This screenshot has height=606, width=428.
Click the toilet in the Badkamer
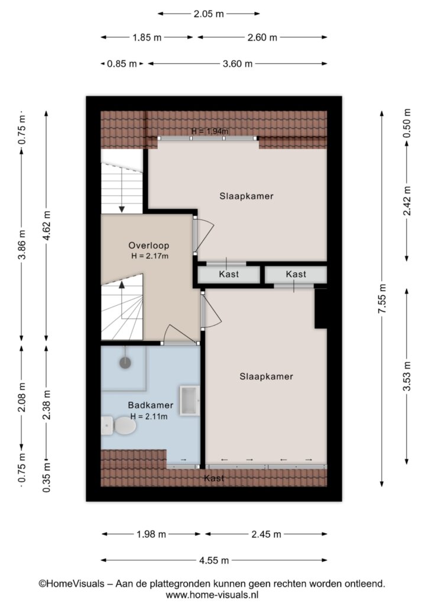(119, 426)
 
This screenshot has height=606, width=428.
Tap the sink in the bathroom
(190, 401)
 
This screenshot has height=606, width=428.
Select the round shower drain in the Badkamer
(125, 363)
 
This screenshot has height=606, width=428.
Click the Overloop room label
(149, 246)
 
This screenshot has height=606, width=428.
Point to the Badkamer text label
(151, 405)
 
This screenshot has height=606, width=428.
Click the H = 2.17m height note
(150, 256)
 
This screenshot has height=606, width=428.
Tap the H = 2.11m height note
(149, 416)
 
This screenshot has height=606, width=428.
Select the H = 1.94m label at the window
(209, 131)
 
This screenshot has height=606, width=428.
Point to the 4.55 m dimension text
(214, 560)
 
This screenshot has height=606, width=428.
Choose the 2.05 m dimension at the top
(209, 14)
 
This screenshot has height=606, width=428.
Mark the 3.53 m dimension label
(407, 376)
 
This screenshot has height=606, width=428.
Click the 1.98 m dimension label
(151, 534)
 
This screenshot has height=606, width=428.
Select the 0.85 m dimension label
(122, 64)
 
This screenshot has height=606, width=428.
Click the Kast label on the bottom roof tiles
(214, 478)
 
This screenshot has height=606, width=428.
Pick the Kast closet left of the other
(229, 275)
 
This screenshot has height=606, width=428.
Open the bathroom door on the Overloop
(181, 342)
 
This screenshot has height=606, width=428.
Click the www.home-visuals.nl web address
(212, 595)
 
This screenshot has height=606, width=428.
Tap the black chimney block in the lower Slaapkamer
(321, 308)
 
